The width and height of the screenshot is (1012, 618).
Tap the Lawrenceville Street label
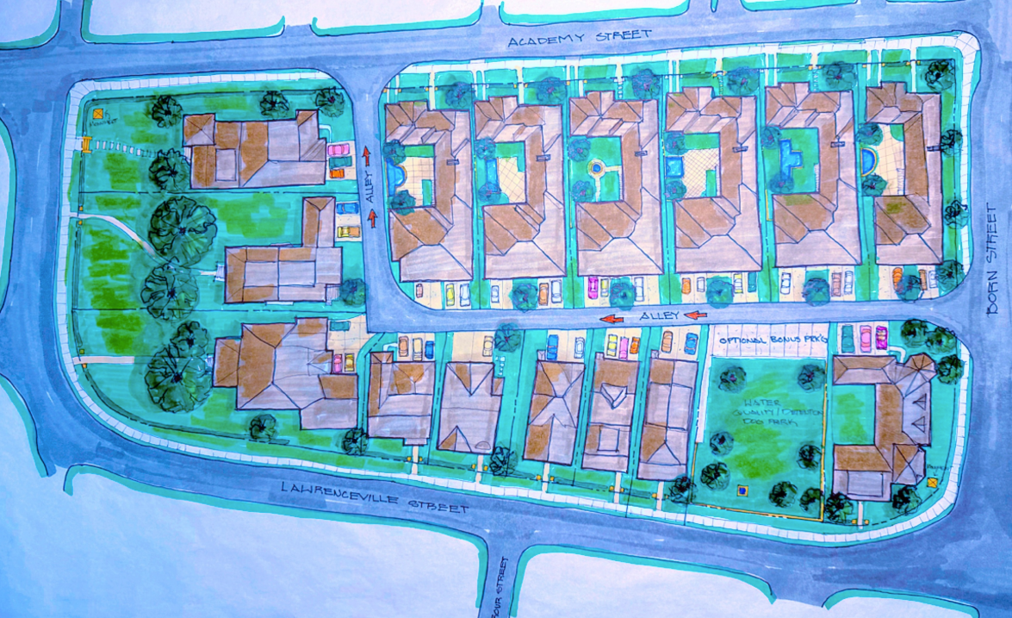point(376,499)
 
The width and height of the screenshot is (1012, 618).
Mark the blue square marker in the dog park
point(742,491)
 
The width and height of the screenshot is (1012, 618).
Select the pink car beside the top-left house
point(337,149)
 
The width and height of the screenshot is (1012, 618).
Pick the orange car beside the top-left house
point(337,172)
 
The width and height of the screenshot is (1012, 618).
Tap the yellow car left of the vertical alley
point(348,231)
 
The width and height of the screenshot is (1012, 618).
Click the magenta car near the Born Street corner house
point(880,337)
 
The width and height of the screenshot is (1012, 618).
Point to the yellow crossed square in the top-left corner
point(97,112)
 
